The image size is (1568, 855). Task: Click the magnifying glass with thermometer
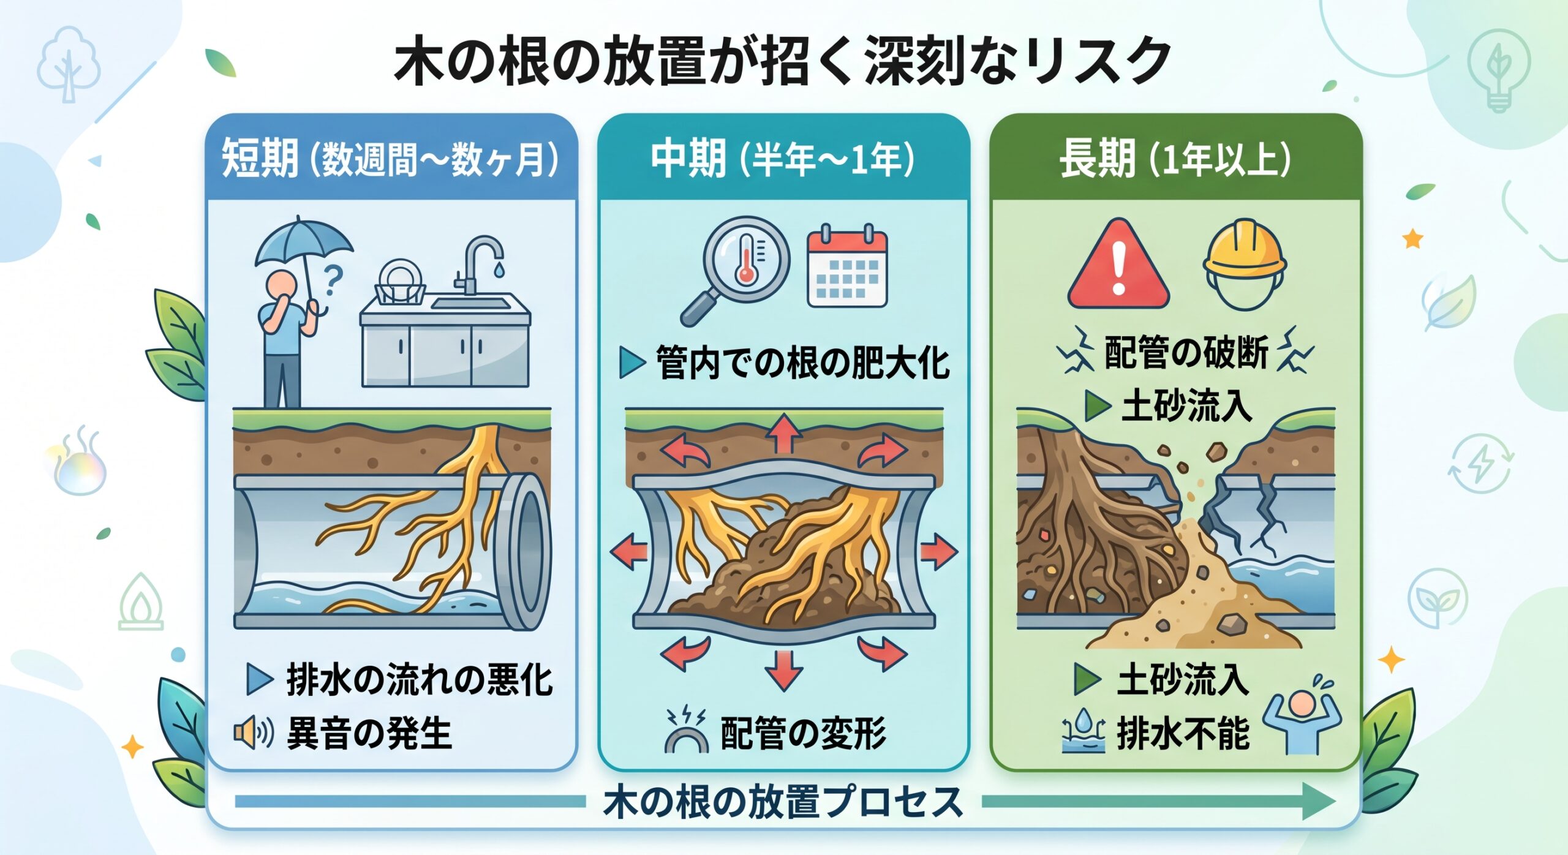(x=735, y=270)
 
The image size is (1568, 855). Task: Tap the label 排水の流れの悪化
(x=420, y=680)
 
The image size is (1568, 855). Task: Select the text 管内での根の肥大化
(x=802, y=363)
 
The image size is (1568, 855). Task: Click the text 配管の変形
(x=803, y=733)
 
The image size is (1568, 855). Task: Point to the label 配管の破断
(x=1186, y=352)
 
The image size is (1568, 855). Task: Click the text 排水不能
(x=1183, y=733)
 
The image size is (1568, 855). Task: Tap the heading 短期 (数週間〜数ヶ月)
(x=390, y=158)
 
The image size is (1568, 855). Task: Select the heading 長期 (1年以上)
(x=1175, y=158)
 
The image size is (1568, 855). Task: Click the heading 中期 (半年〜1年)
(x=783, y=158)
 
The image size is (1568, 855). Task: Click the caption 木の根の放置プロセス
(x=783, y=802)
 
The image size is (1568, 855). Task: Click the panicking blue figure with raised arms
(x=1302, y=723)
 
